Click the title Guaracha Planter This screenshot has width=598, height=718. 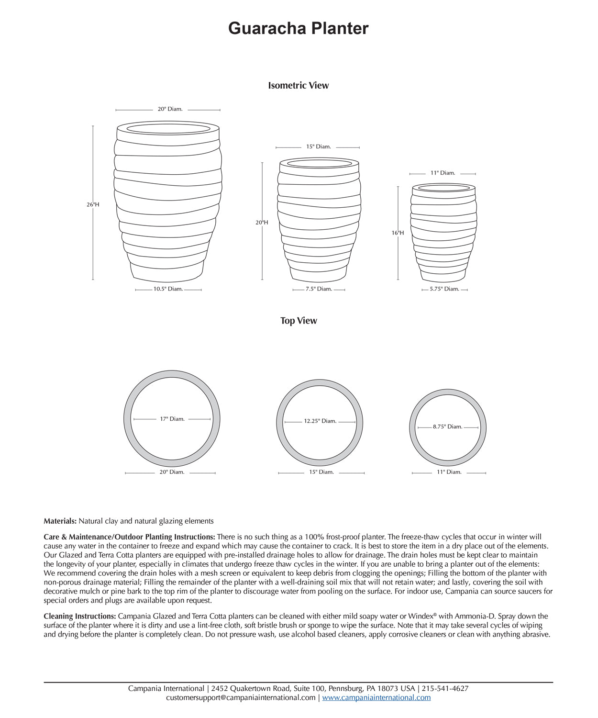pyautogui.click(x=299, y=28)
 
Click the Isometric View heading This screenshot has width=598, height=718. pyautogui.click(x=299, y=86)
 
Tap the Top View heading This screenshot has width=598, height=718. pyautogui.click(x=299, y=321)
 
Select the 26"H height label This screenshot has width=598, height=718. pyautogui.click(x=93, y=204)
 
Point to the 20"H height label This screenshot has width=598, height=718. pyautogui.click(x=262, y=223)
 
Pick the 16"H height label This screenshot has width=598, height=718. pyautogui.click(x=398, y=233)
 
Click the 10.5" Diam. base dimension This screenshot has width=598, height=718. pyautogui.click(x=168, y=289)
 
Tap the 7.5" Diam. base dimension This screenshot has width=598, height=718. pyautogui.click(x=319, y=289)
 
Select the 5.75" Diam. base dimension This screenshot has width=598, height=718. pyautogui.click(x=444, y=289)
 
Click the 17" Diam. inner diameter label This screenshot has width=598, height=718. pyautogui.click(x=172, y=419)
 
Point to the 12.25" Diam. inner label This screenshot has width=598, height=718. pyautogui.click(x=320, y=421)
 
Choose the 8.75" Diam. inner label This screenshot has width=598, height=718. pyautogui.click(x=448, y=426)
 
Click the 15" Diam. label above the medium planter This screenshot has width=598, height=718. pyautogui.click(x=319, y=146)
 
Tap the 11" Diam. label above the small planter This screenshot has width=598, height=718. pyautogui.click(x=443, y=173)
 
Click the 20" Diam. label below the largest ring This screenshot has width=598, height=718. pyautogui.click(x=172, y=472)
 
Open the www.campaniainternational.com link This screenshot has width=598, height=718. pyautogui.click(x=376, y=698)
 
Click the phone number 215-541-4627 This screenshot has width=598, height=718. pyautogui.click(x=445, y=689)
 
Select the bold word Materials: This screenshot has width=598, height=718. pyautogui.click(x=60, y=521)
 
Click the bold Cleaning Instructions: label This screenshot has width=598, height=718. pyautogui.click(x=79, y=616)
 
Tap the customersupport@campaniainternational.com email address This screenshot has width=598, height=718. pyautogui.click(x=241, y=698)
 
